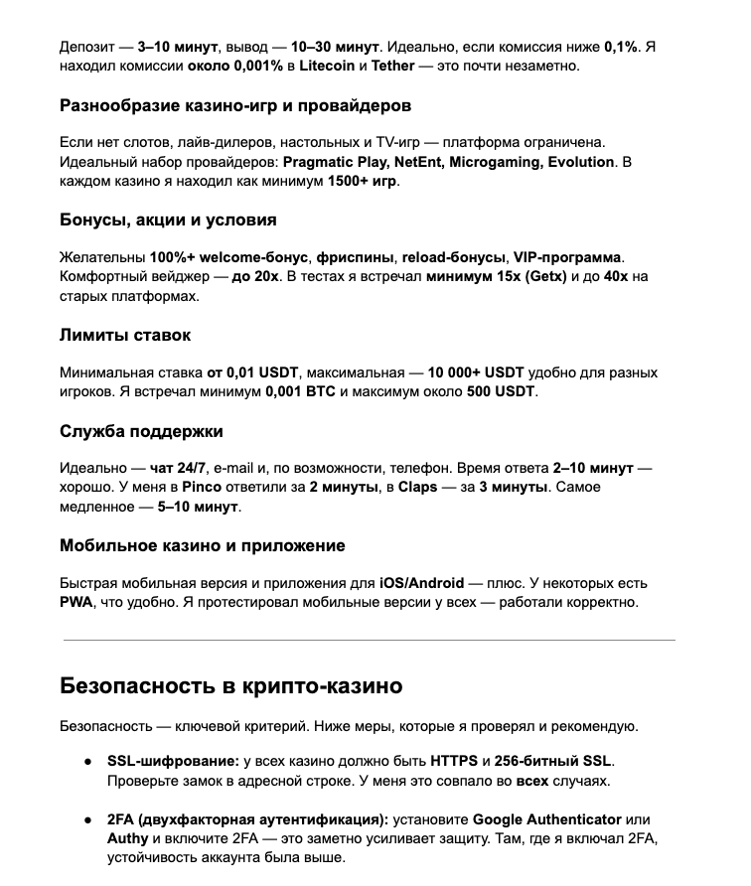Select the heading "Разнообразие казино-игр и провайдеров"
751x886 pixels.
235,105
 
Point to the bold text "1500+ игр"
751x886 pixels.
363,182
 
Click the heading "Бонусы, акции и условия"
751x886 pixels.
168,220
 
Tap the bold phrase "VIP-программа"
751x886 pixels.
569,257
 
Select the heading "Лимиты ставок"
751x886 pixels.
125,335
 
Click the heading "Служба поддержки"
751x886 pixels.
141,431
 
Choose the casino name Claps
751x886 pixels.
417,488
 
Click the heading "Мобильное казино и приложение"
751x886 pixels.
202,545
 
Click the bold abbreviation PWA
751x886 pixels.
76,602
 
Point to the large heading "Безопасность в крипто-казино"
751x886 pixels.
230,685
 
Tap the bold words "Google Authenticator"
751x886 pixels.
546,819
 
